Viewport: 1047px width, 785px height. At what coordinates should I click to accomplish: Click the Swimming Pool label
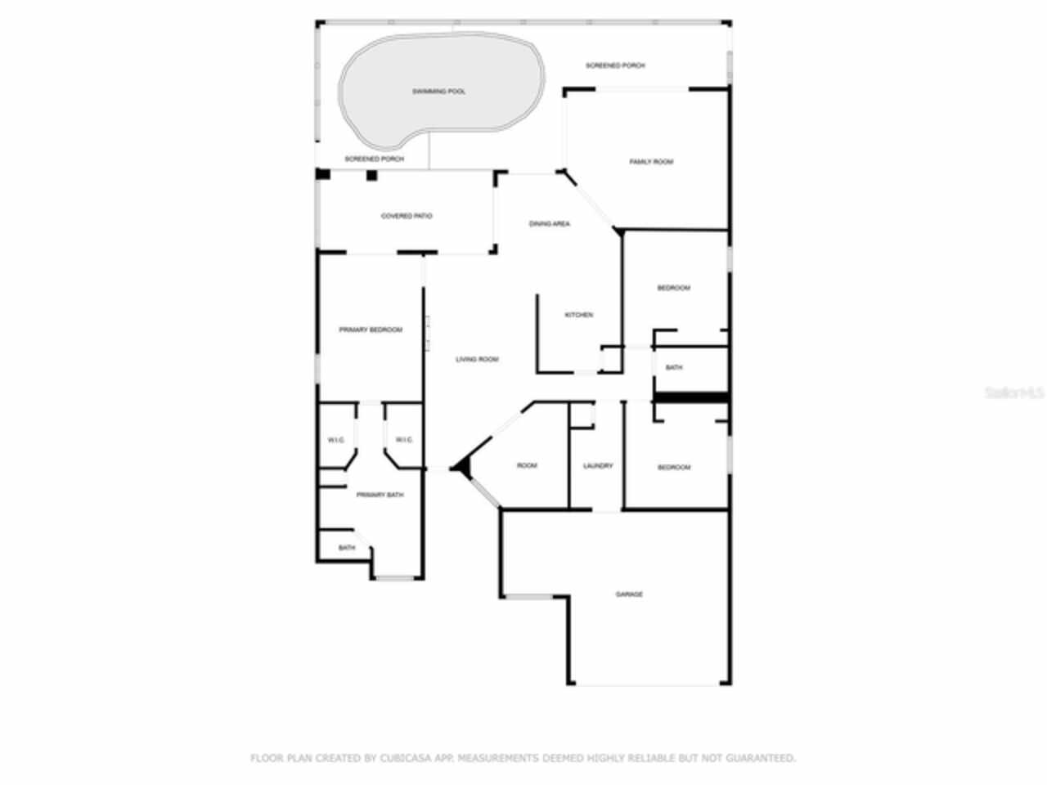[x=438, y=92]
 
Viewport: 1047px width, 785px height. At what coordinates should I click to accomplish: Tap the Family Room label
[x=651, y=162]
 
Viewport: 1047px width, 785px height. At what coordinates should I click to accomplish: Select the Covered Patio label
[x=407, y=216]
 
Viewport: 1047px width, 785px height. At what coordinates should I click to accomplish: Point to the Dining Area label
[x=550, y=223]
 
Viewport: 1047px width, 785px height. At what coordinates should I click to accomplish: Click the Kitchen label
[x=579, y=315]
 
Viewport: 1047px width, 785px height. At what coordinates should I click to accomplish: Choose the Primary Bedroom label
[x=371, y=330]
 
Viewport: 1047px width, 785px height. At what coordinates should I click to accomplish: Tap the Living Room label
[x=477, y=359]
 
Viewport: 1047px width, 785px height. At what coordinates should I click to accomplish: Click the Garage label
[x=629, y=594]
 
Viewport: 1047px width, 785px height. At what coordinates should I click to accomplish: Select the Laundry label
[x=598, y=466]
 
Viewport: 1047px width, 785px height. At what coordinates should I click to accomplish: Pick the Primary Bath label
[x=380, y=495]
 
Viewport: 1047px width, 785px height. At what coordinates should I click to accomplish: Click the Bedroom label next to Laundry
[x=674, y=467]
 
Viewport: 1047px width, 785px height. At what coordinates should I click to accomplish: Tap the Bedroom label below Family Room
[x=674, y=288]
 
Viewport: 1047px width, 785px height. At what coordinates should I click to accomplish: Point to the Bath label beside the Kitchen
[x=674, y=367]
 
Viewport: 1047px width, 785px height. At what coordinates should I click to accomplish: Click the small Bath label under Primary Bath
[x=347, y=548]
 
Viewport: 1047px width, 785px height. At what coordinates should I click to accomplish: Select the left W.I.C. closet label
[x=336, y=440]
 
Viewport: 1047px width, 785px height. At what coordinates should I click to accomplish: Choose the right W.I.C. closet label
[x=404, y=440]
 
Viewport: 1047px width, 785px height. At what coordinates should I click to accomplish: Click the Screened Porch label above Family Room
[x=615, y=65]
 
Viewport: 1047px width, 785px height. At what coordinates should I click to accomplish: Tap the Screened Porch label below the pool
[x=374, y=159]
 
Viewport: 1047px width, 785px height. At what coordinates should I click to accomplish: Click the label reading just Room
[x=527, y=465]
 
